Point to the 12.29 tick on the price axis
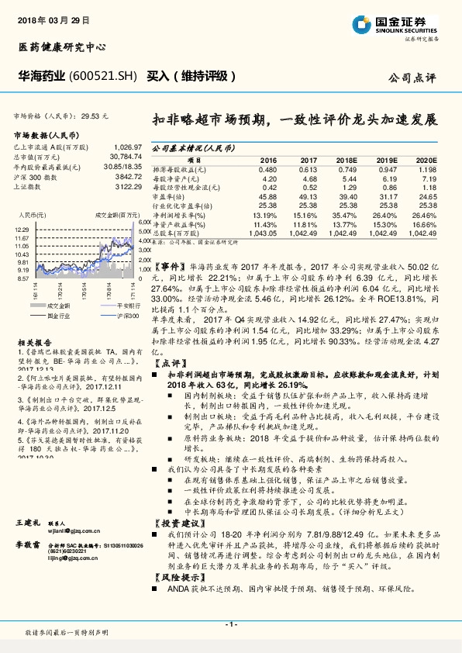(x=22, y=230)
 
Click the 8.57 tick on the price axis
(x=22, y=278)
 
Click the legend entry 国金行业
(x=58, y=316)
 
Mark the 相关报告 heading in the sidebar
(x=34, y=341)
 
